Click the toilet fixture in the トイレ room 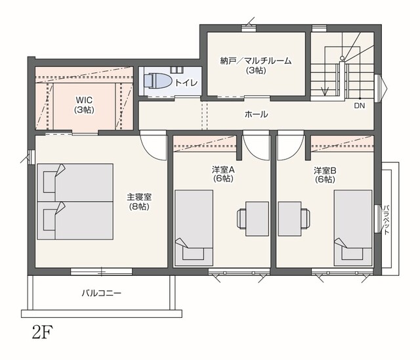coord(157,80)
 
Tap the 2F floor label coord(43,332)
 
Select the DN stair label coord(360,106)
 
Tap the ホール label coord(256,114)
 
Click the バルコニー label coord(101,293)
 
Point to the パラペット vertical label coord(386,220)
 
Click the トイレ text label coord(186,83)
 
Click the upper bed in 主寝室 coord(75,183)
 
